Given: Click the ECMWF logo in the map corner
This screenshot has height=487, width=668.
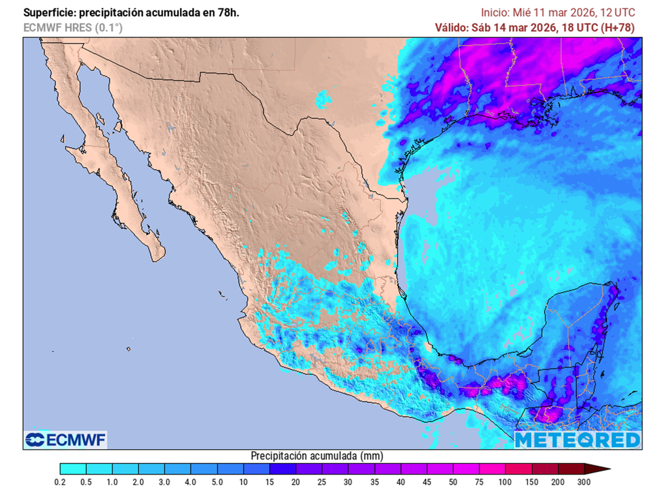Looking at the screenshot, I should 65,440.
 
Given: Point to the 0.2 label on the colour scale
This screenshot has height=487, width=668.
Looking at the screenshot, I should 60,481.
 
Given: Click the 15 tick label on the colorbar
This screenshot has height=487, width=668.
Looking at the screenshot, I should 270,481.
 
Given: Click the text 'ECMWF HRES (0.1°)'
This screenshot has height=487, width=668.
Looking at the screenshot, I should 72,27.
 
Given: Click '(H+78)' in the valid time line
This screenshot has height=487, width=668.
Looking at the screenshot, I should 618,27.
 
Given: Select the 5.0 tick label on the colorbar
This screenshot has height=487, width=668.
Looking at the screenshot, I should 217,481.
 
